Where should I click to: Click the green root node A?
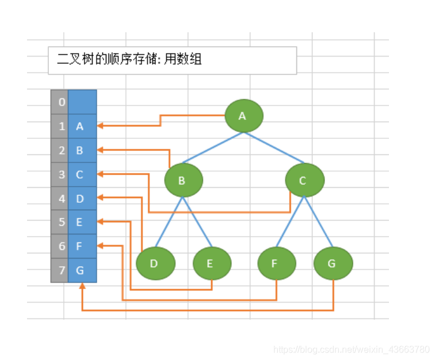tap(243, 116)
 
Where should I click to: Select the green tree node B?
tap(183, 180)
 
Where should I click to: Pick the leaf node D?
tap(155, 264)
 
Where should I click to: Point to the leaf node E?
tap(211, 264)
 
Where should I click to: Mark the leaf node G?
tap(333, 264)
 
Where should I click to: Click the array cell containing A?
tap(82, 126)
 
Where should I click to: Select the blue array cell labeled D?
tap(82, 199)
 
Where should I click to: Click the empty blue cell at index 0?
tap(82, 102)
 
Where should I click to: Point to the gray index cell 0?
tap(60, 102)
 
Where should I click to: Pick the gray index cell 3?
tap(60, 175)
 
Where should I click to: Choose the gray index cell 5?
tap(60, 222)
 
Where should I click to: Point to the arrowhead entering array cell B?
tap(100, 150)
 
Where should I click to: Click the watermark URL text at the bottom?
tap(351, 349)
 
